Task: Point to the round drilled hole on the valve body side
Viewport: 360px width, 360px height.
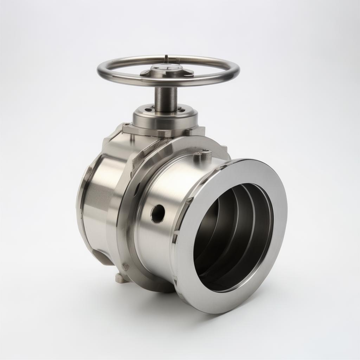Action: (x=157, y=213)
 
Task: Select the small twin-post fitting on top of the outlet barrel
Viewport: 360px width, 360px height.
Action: (x=203, y=156)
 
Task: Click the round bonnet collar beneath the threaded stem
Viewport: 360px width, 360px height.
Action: (x=165, y=118)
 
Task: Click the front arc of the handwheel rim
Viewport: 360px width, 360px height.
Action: (x=169, y=84)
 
